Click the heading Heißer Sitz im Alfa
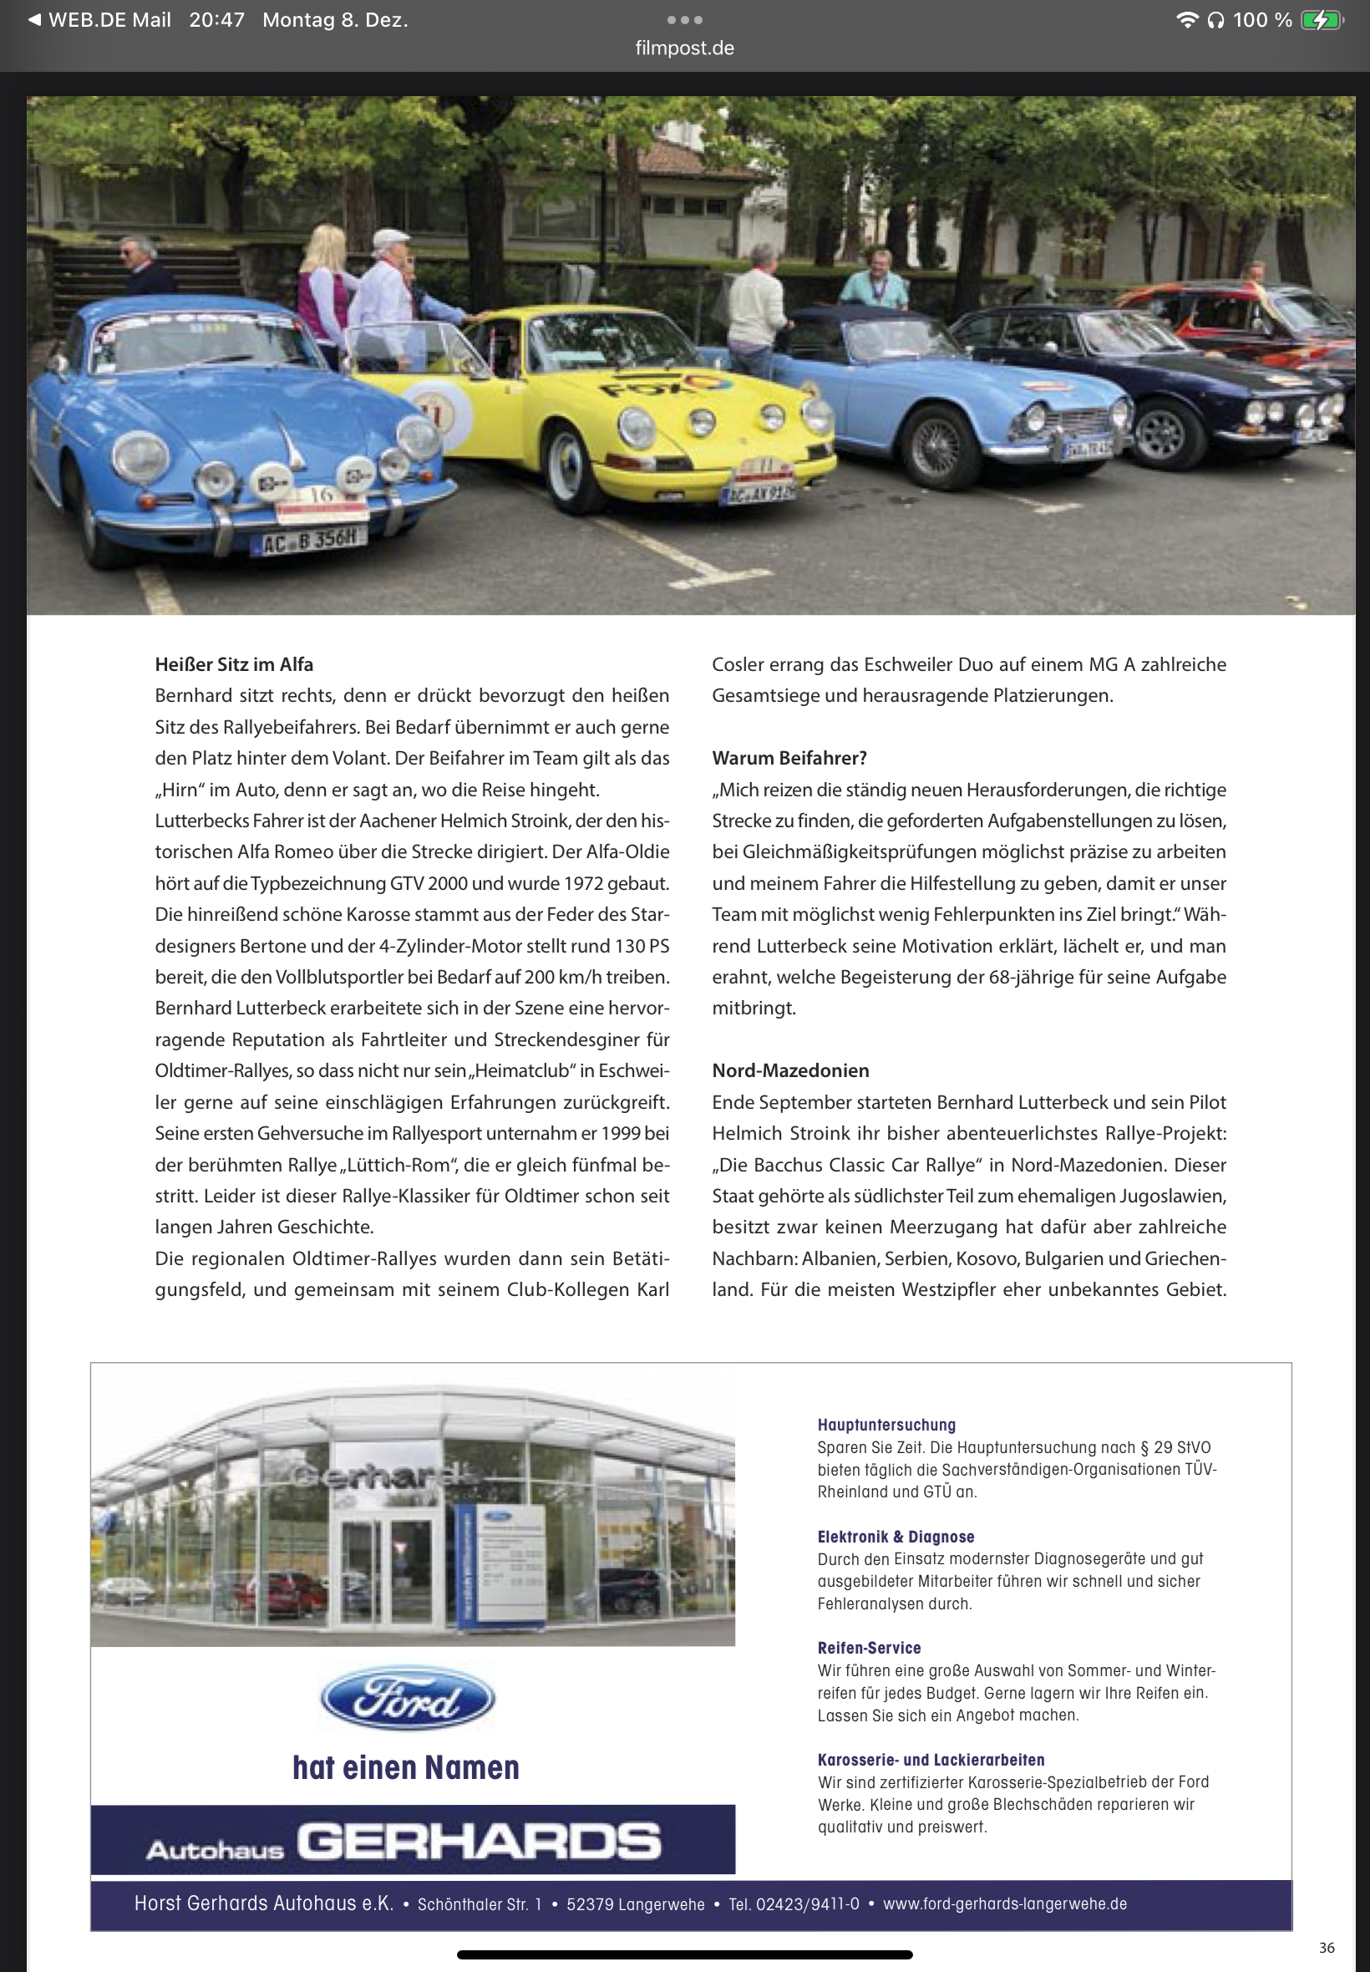[x=233, y=664]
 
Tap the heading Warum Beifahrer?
[x=789, y=758]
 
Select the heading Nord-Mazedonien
[x=789, y=1070]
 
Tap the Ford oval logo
[x=407, y=1698]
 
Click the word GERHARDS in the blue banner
[x=479, y=1842]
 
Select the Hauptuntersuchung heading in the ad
[x=885, y=1426]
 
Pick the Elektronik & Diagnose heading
[x=896, y=1537]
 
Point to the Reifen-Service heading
[x=869, y=1649]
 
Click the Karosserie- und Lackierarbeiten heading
[x=931, y=1760]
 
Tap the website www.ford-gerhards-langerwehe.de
[x=1004, y=1904]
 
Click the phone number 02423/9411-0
[x=807, y=1904]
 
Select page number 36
[x=1327, y=1948]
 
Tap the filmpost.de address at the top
[x=684, y=48]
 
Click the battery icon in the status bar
[x=1321, y=20]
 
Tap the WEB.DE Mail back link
[x=100, y=20]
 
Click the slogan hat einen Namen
[x=406, y=1767]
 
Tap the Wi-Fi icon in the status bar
[x=1186, y=20]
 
